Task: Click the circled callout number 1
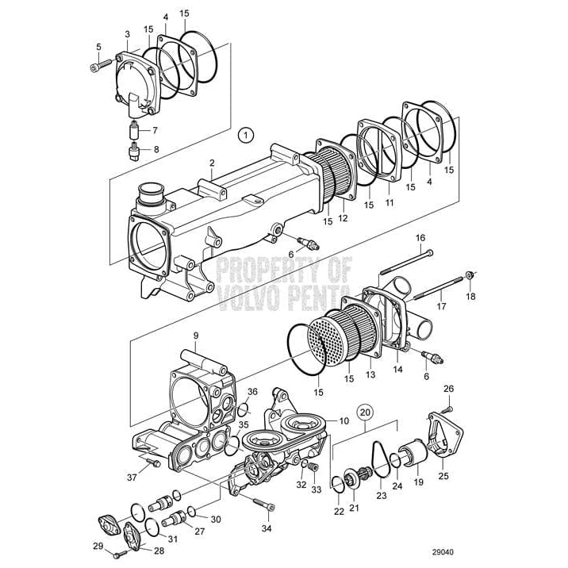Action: click(x=247, y=136)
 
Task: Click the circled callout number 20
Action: click(x=364, y=413)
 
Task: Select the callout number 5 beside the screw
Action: click(x=99, y=47)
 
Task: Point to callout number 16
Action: click(x=420, y=237)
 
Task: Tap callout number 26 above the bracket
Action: click(x=447, y=389)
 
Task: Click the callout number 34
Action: click(x=267, y=528)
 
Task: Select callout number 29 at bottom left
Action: click(x=97, y=546)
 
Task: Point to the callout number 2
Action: click(x=212, y=163)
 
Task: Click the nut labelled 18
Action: click(x=470, y=275)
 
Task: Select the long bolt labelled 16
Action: click(x=405, y=262)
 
